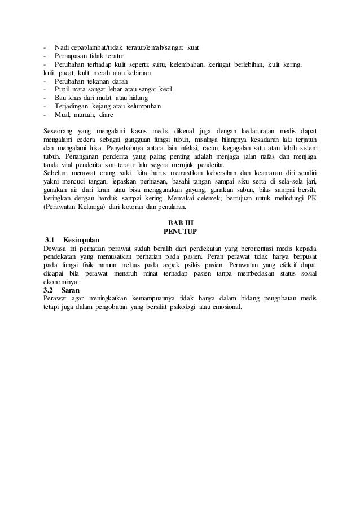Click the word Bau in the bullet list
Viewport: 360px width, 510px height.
60,98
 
